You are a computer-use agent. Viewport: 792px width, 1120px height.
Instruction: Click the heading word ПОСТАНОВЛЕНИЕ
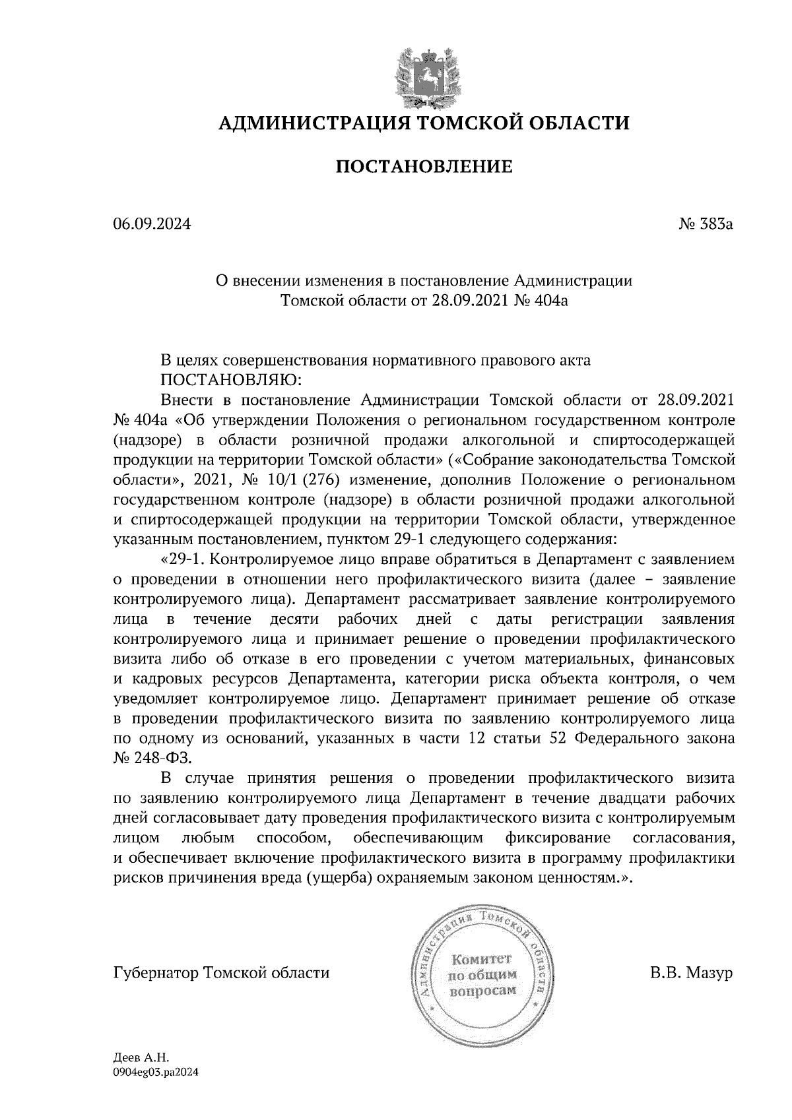pos(424,167)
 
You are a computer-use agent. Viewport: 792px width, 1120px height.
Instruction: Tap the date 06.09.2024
pos(152,225)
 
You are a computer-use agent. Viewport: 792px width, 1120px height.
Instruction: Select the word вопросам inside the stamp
pos(482,991)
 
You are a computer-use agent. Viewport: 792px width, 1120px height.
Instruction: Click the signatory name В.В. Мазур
pos(691,974)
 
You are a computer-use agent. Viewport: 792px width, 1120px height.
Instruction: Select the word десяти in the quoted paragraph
pos(294,619)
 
